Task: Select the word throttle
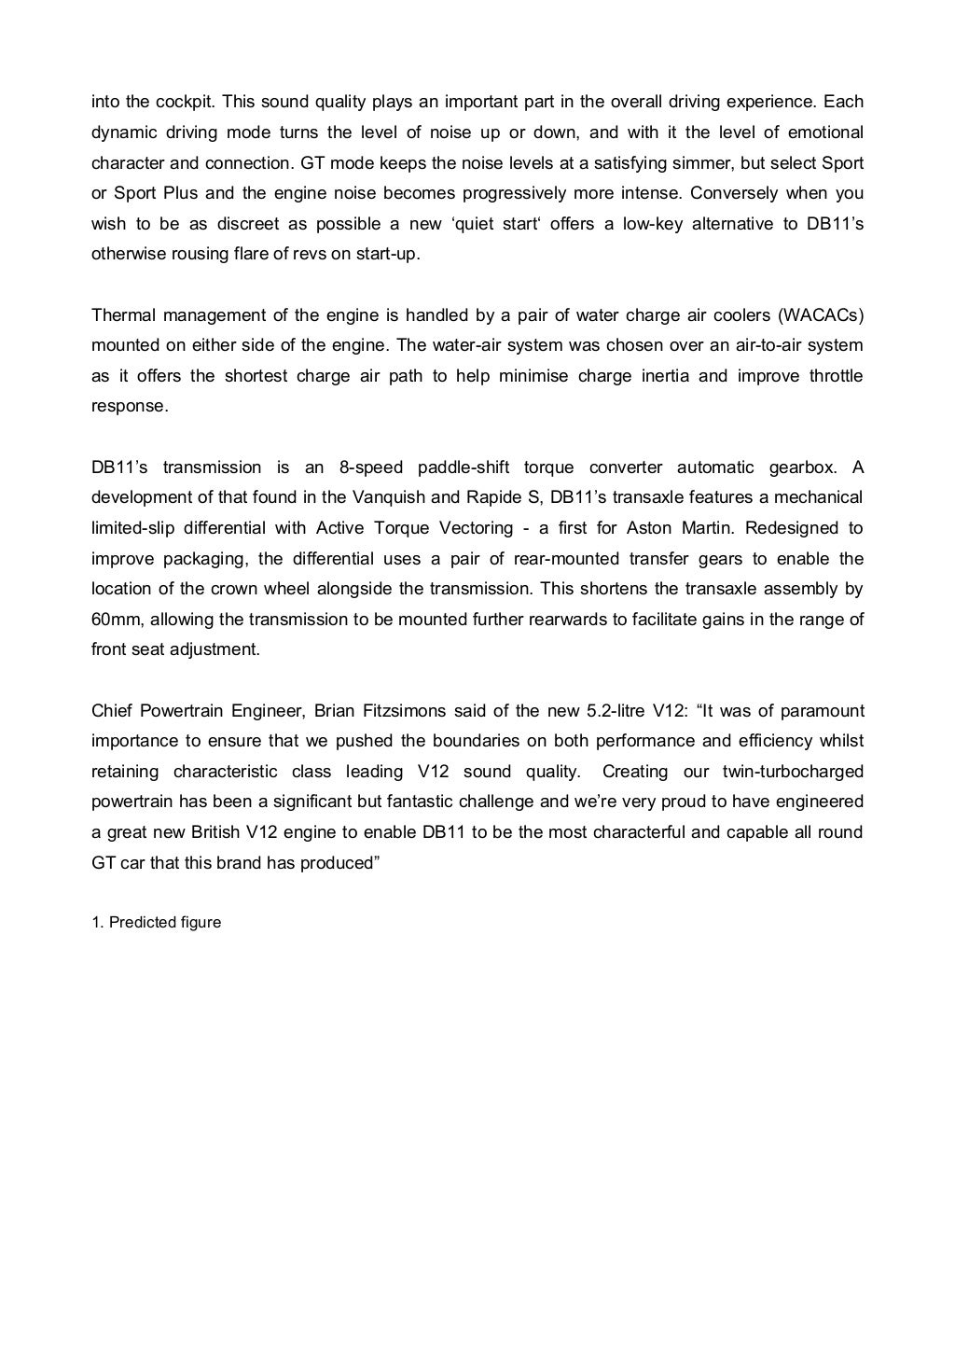[x=826, y=376]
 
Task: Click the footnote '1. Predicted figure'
[x=157, y=923]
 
